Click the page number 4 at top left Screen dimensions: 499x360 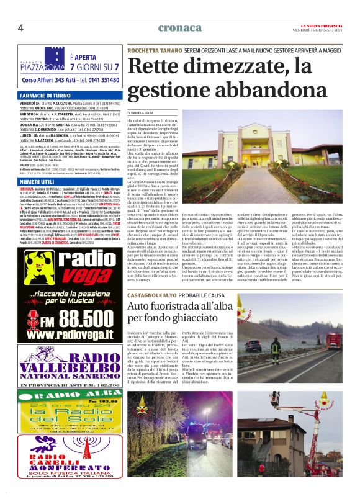[x=20, y=27]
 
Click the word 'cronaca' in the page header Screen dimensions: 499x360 [x=179, y=27]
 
